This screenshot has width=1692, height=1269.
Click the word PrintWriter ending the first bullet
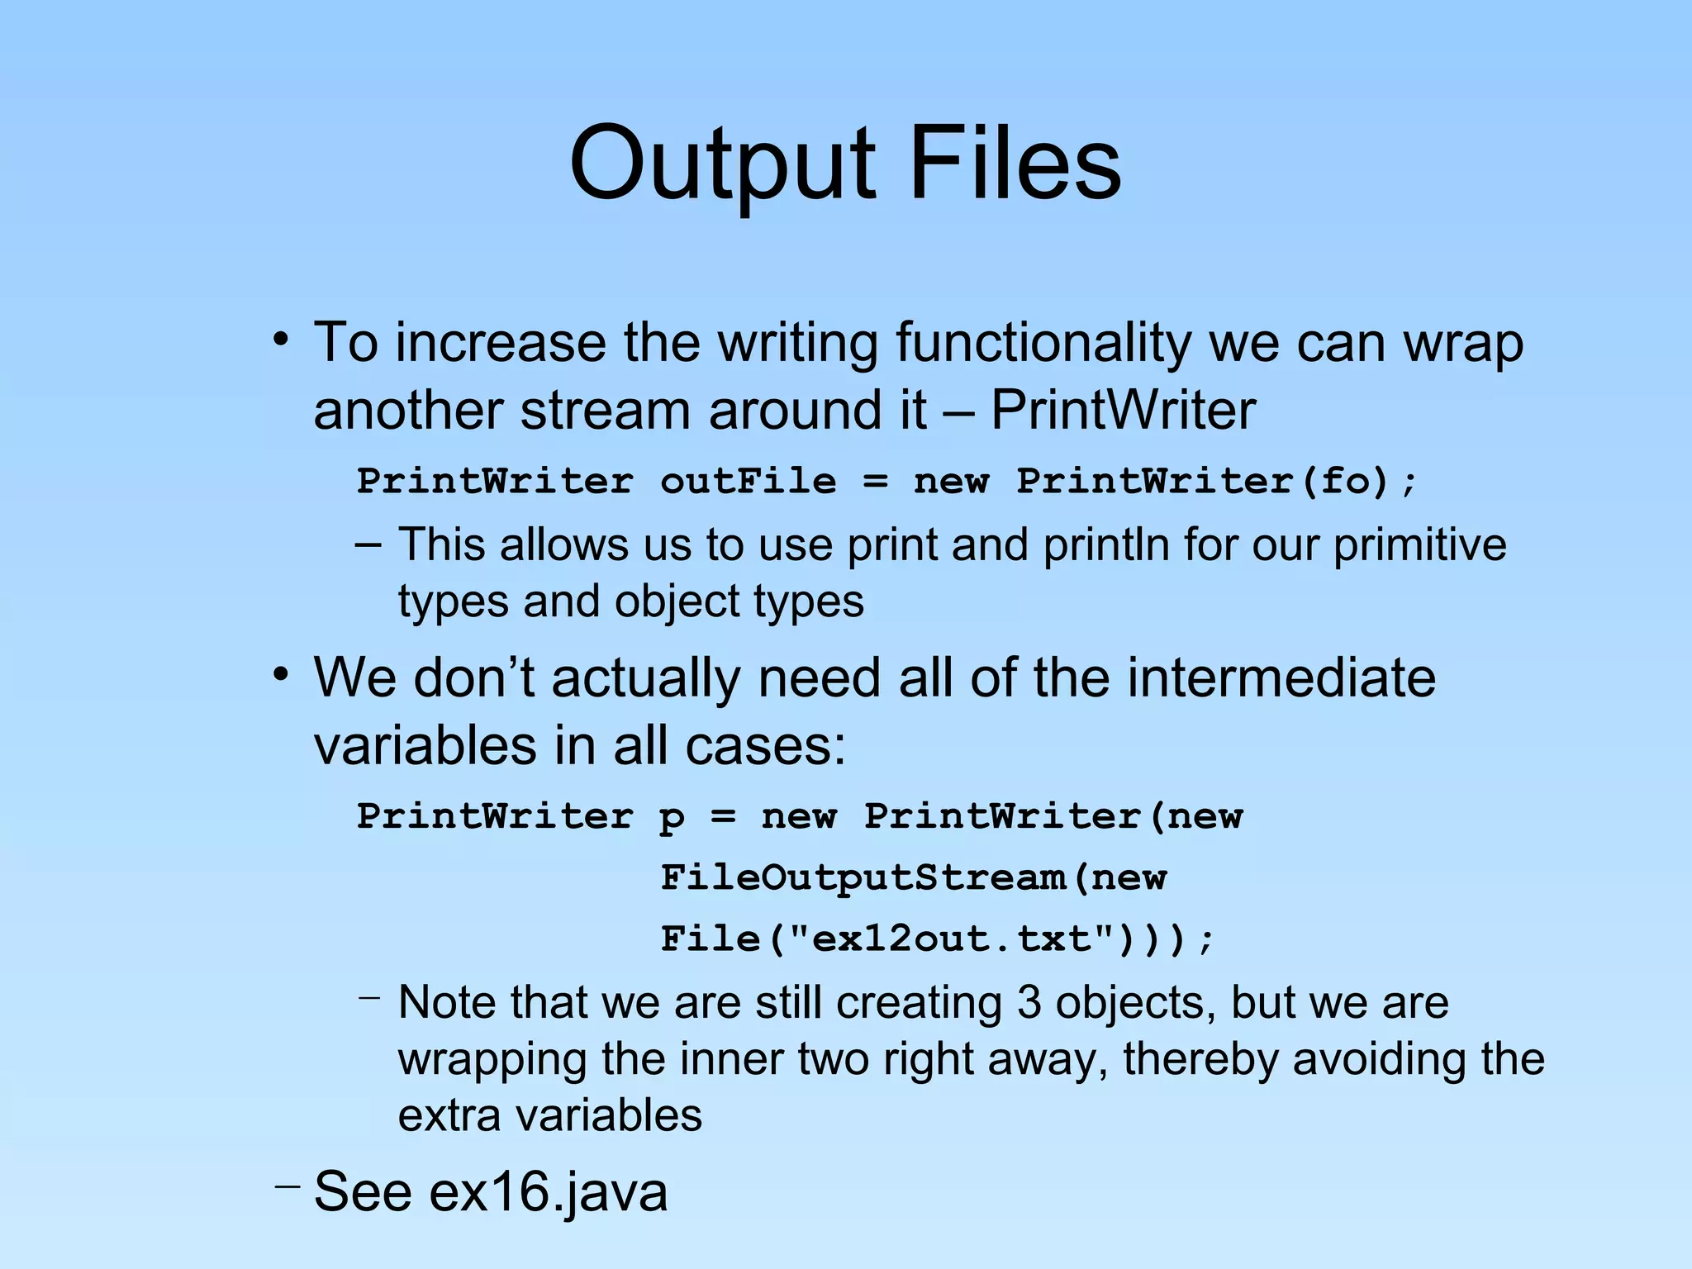(1123, 411)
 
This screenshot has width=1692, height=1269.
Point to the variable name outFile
(748, 481)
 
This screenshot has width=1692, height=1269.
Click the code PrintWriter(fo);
(1216, 481)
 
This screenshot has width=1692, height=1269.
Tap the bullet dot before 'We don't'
(283, 675)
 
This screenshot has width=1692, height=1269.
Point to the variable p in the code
(672, 818)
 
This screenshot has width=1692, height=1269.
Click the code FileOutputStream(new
(913, 877)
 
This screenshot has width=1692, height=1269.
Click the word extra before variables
(449, 1115)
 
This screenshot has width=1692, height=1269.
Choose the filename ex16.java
(549, 1192)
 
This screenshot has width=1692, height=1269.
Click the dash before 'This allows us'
(368, 545)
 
